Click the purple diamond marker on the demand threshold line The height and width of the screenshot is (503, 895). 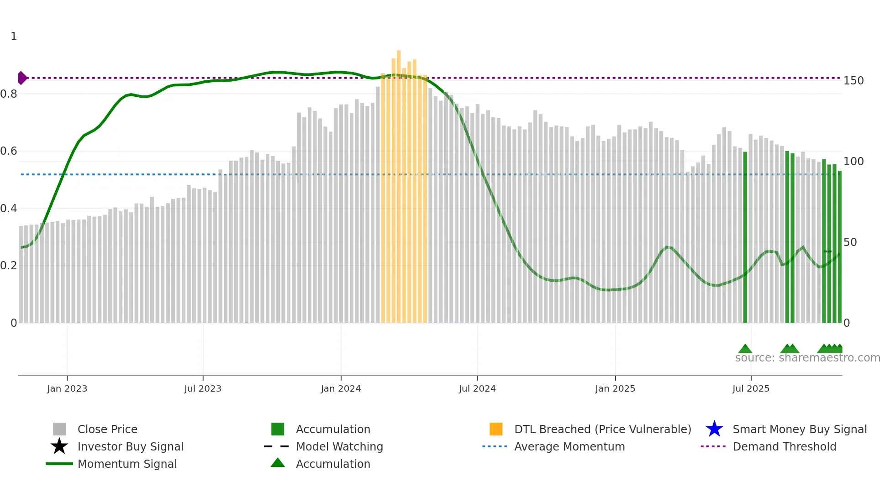pyautogui.click(x=21, y=78)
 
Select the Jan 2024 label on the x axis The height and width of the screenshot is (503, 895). pyautogui.click(x=341, y=388)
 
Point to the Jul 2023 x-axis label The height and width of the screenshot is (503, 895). pyautogui.click(x=203, y=388)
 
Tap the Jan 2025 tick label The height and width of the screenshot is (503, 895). pyautogui.click(x=615, y=388)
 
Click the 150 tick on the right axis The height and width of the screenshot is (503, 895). pyautogui.click(x=853, y=81)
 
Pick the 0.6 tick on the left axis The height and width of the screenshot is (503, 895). pyautogui.click(x=9, y=151)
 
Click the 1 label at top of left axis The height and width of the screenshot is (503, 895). pyautogui.click(x=14, y=37)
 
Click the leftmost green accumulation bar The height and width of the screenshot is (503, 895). pyautogui.click(x=745, y=237)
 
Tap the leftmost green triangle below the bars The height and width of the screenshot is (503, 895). pyautogui.click(x=745, y=349)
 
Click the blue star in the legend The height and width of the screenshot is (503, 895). pyautogui.click(x=714, y=429)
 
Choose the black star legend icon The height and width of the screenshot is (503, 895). pyautogui.click(x=59, y=446)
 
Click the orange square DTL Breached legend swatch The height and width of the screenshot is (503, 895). pyautogui.click(x=496, y=429)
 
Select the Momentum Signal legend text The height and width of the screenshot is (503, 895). pyautogui.click(x=127, y=464)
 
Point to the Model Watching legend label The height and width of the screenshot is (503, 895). pyautogui.click(x=339, y=446)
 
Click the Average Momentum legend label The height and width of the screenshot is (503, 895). pyautogui.click(x=569, y=446)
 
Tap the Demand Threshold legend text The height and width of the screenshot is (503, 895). pyautogui.click(x=784, y=446)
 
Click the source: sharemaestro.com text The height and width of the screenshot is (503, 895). pyautogui.click(x=807, y=358)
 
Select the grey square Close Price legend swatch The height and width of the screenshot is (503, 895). pyautogui.click(x=59, y=429)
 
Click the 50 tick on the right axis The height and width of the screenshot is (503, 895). pyautogui.click(x=850, y=242)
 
